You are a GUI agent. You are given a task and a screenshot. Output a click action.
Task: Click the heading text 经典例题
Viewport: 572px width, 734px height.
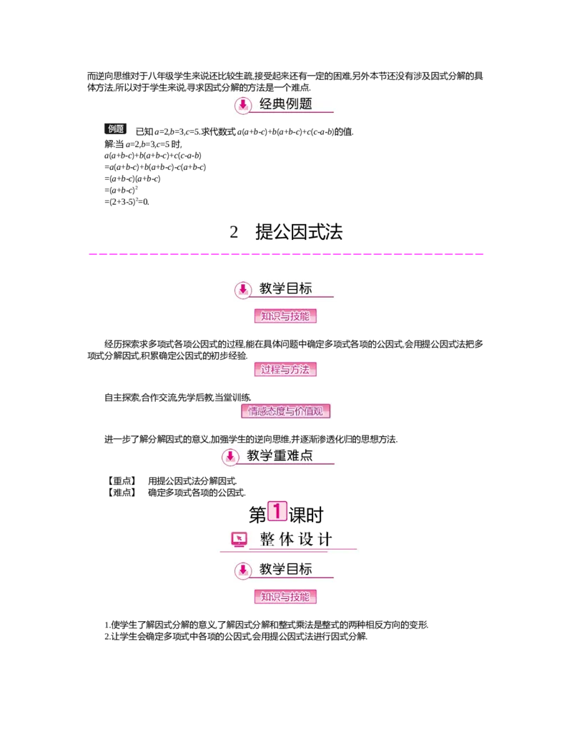pyautogui.click(x=286, y=104)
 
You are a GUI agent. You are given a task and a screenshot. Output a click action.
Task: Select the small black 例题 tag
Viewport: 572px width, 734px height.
pyautogui.click(x=117, y=129)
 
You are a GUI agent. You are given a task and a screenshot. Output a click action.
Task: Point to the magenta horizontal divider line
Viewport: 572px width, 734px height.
pyautogui.click(x=286, y=253)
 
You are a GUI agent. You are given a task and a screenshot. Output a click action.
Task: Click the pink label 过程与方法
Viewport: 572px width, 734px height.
pyautogui.click(x=285, y=371)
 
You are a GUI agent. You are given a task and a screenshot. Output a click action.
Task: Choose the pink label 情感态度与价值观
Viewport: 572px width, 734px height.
pyautogui.click(x=288, y=411)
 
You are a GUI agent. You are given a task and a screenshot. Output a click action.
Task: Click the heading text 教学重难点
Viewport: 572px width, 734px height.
pyautogui.click(x=280, y=456)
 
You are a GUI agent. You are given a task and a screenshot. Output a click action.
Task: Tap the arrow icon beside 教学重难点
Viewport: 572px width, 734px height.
pyautogui.click(x=230, y=457)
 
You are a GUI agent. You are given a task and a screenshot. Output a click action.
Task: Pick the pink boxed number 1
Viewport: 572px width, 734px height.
pyautogui.click(x=277, y=511)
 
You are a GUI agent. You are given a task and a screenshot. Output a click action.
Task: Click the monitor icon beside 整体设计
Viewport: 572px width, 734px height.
pyautogui.click(x=240, y=540)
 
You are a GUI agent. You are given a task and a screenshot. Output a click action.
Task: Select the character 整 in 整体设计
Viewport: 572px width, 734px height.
pyautogui.click(x=267, y=540)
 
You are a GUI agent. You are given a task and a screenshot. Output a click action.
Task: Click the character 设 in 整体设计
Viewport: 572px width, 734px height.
pyautogui.click(x=305, y=540)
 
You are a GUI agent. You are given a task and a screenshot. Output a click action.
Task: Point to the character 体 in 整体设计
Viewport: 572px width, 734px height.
pyautogui.click(x=286, y=540)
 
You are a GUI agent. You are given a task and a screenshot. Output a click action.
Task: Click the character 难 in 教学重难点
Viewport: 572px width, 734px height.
pyautogui.click(x=292, y=456)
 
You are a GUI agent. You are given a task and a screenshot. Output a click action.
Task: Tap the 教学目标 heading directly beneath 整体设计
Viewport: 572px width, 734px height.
pyautogui.click(x=286, y=570)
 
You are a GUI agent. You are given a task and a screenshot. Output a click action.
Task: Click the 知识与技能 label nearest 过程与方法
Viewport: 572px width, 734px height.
pyautogui.click(x=285, y=316)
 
